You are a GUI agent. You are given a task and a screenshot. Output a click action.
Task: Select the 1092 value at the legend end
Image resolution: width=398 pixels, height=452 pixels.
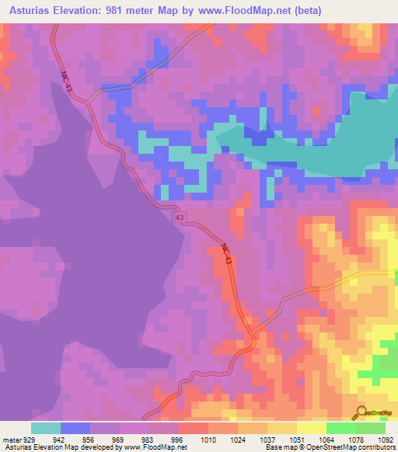tap(386, 440)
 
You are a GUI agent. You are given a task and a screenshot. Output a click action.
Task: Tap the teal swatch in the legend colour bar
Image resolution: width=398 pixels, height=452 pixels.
tap(46, 428)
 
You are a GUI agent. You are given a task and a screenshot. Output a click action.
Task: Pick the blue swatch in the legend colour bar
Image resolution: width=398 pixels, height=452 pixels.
tap(75, 428)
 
